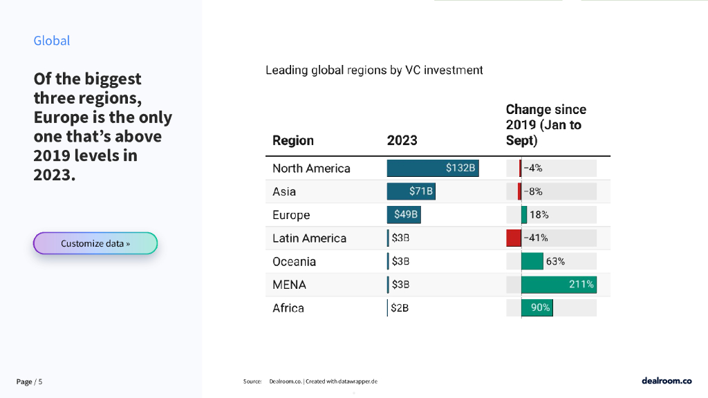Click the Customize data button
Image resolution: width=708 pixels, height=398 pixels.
[x=95, y=243]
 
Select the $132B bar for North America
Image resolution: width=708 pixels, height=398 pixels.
[x=433, y=168]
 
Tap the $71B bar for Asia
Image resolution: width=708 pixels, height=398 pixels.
[x=411, y=191]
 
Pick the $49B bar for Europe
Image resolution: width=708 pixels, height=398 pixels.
[x=404, y=215]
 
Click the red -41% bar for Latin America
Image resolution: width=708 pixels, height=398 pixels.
[x=514, y=238]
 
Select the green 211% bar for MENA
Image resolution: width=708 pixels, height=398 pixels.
[x=558, y=284]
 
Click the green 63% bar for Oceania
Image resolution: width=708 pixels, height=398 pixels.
[x=532, y=261]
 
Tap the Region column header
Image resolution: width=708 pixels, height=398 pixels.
[x=293, y=140]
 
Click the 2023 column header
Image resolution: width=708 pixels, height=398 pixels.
[x=402, y=140]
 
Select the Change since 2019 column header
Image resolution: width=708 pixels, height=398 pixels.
[x=546, y=125]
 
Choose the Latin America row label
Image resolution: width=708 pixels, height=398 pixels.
[x=309, y=238]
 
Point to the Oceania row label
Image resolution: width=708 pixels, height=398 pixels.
[x=294, y=262]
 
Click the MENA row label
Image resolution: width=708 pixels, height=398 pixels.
[x=289, y=285]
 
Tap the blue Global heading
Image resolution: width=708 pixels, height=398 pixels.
[x=52, y=41]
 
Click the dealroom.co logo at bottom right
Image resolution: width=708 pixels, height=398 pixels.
[x=667, y=381]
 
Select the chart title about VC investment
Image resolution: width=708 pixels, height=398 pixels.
[x=374, y=70]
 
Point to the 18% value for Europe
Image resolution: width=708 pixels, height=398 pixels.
[x=539, y=215]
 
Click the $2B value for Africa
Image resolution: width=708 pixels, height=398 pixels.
[x=400, y=308]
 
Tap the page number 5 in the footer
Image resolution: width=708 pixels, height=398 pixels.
[x=40, y=381]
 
